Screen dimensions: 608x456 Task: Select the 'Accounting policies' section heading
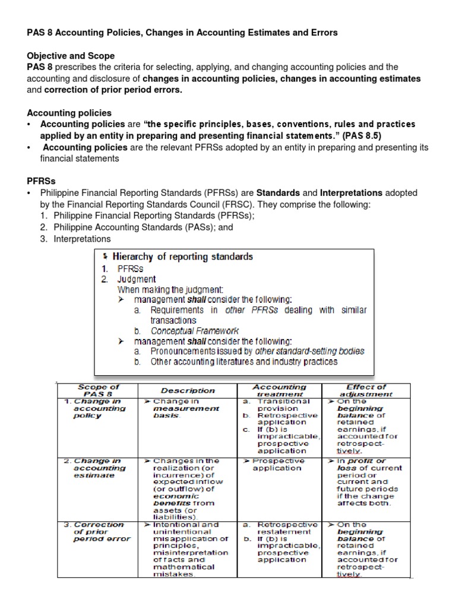pyautogui.click(x=69, y=113)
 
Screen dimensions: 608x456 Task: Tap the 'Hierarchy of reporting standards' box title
pyautogui.click(x=182, y=257)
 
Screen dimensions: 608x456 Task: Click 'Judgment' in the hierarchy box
pyautogui.click(x=137, y=279)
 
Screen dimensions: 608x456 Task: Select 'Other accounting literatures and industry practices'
pyautogui.click(x=243, y=361)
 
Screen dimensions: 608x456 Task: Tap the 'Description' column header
pyautogui.click(x=188, y=390)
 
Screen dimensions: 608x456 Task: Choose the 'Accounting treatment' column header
pyautogui.click(x=279, y=390)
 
